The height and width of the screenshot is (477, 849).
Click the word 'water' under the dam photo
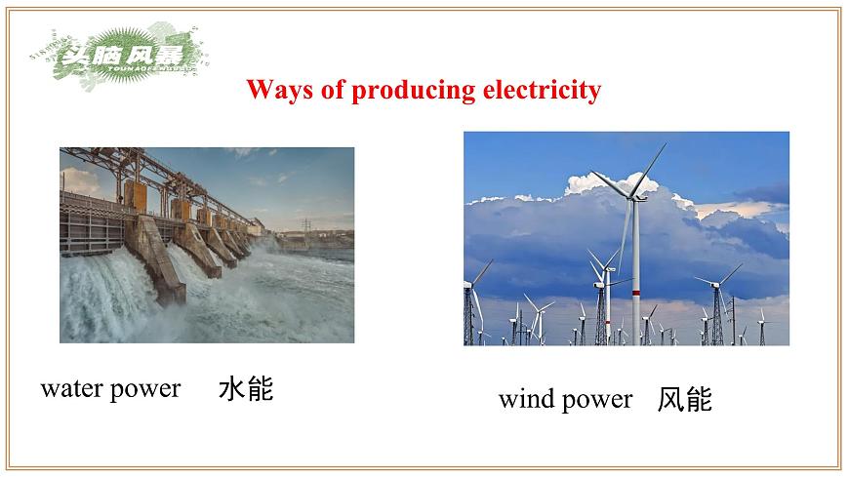tap(72, 389)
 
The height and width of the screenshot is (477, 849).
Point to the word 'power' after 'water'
tap(146, 390)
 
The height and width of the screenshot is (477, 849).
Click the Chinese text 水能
tap(246, 390)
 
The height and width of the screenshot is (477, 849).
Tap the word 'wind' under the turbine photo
tap(527, 399)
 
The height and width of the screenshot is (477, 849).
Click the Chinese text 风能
tap(685, 399)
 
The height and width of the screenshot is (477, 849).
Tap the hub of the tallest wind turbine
tap(634, 196)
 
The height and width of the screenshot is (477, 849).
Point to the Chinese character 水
tap(231, 390)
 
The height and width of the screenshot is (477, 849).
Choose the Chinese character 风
tap(670, 399)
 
